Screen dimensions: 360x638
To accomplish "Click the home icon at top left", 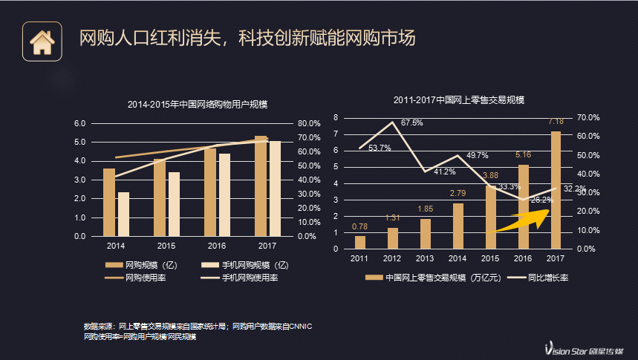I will (41, 41).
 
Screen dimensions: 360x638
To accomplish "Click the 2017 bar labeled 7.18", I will (555, 189).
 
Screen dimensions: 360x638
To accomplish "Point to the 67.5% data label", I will (412, 122).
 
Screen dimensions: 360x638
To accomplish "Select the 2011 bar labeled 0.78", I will (360, 242).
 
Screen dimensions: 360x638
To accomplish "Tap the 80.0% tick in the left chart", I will (309, 123).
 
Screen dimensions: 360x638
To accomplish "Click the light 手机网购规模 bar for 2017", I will (275, 189).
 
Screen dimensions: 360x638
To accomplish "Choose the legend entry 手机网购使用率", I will (239, 278).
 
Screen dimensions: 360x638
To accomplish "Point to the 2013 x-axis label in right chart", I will (425, 258).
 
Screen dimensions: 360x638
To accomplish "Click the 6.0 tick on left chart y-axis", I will (80, 123).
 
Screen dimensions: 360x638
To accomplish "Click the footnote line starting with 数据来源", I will (198, 326).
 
